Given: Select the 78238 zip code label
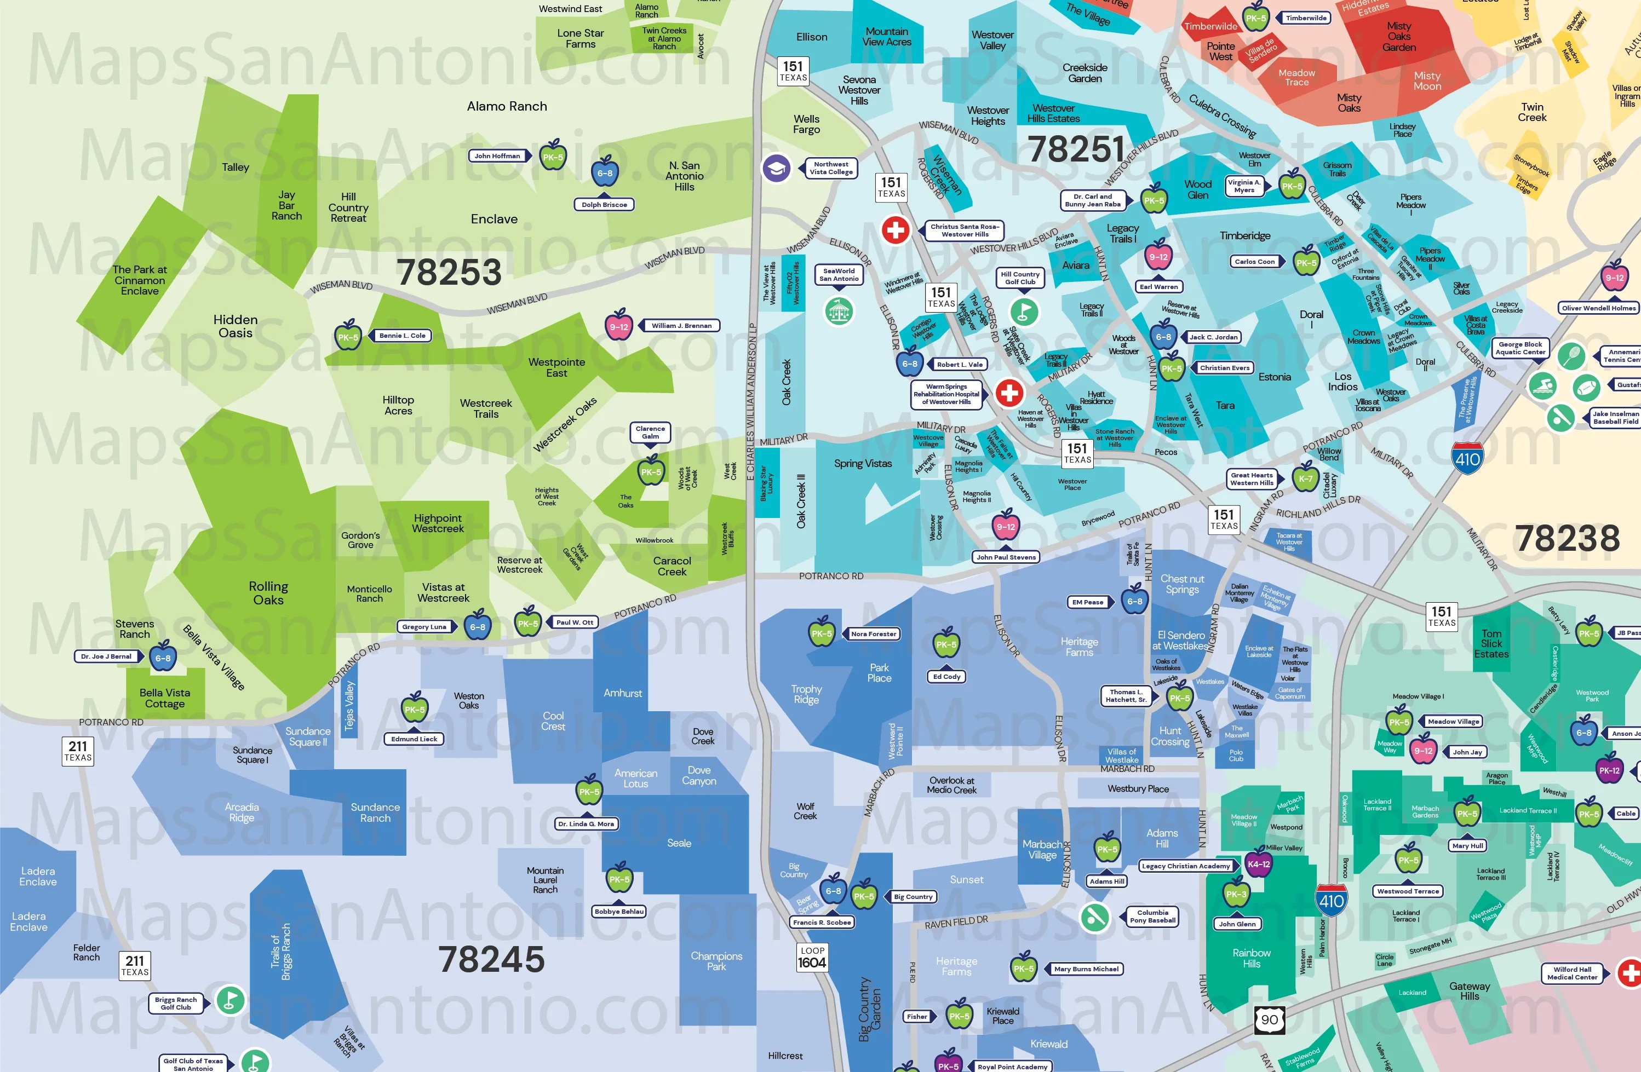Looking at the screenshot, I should coord(1567,538).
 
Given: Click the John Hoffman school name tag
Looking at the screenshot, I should coord(498,156).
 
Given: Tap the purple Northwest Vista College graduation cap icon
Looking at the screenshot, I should coord(776,168).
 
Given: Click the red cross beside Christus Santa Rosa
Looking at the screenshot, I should coord(896,230).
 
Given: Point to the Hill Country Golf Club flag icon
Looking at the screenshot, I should coord(1024,312).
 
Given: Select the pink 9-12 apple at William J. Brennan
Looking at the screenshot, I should coord(618,326).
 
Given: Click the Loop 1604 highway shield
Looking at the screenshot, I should coord(812,958).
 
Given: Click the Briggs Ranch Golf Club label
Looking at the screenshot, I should coord(176,1003).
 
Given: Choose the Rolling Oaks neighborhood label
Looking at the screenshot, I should coord(268,593).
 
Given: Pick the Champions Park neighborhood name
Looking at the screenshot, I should coord(716,961).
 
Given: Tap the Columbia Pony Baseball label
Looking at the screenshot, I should coord(1152,916).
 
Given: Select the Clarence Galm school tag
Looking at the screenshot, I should coord(650,432).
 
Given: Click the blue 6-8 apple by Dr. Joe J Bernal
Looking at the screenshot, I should coord(163,657).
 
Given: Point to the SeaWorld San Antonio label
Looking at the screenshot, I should coord(839,275).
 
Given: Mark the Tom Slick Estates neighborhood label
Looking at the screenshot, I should coord(1491,644).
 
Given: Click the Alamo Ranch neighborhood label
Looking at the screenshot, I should coord(507,106).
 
